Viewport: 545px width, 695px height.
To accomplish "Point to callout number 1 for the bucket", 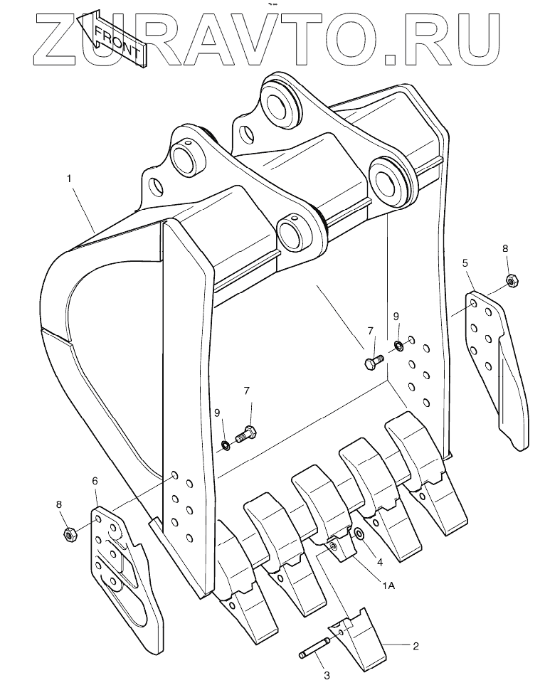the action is [x=69, y=179].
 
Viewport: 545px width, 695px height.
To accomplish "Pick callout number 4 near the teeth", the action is [x=381, y=562].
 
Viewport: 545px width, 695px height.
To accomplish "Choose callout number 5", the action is [x=465, y=264].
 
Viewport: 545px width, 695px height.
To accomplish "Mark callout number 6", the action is [x=95, y=481].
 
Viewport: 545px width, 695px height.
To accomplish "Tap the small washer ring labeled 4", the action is [x=359, y=534].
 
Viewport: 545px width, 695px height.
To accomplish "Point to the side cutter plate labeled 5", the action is [x=498, y=363].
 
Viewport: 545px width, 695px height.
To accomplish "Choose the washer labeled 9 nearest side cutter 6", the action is [x=225, y=446].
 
